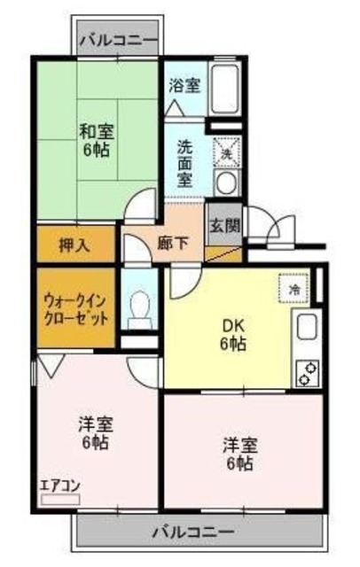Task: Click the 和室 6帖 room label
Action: [95, 141]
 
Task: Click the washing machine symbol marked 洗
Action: [225, 152]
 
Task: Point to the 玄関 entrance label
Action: [224, 225]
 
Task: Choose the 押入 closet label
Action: [74, 245]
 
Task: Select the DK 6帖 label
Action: [234, 334]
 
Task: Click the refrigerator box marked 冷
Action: [294, 290]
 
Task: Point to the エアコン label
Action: [58, 485]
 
